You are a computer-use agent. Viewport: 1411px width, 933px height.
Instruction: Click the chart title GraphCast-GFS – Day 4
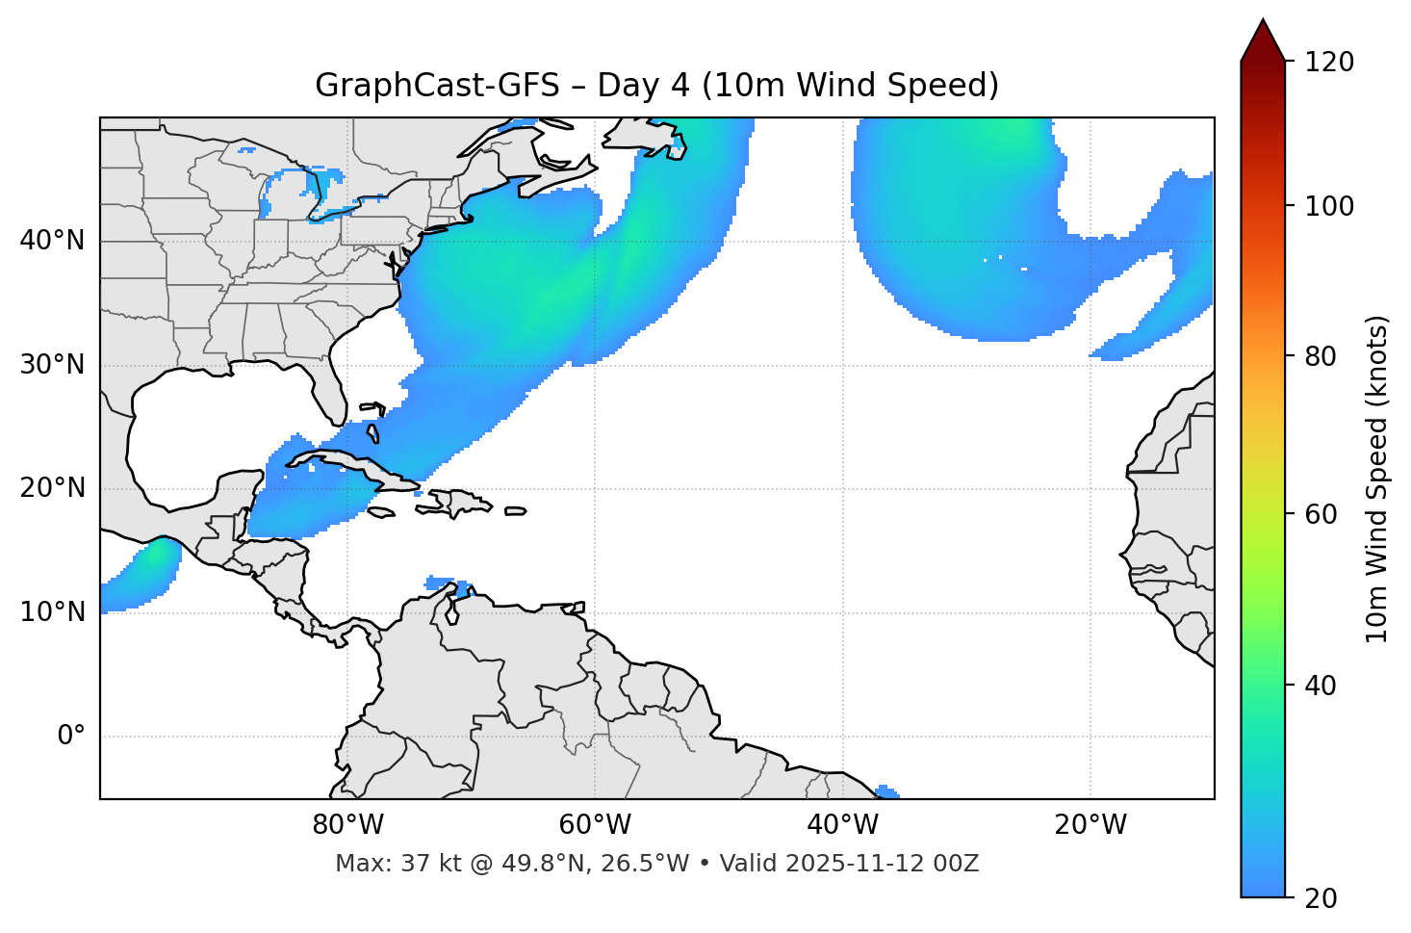point(656,86)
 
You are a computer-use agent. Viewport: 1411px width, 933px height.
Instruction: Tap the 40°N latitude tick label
point(52,241)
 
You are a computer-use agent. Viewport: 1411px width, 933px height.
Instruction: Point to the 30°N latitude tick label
point(52,365)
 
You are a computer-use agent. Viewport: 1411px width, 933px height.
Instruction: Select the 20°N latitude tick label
point(52,488)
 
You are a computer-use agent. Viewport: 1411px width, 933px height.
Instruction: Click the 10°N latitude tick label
point(52,612)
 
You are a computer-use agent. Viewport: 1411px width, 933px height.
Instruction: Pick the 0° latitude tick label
point(71,737)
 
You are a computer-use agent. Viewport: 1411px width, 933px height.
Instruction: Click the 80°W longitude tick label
point(347,825)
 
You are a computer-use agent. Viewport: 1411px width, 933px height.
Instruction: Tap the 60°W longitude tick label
point(595,825)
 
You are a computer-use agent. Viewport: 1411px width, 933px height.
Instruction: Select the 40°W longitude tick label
point(842,825)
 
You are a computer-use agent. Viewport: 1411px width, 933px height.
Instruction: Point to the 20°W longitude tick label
point(1090,825)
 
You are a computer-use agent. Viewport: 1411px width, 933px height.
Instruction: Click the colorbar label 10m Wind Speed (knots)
point(1377,479)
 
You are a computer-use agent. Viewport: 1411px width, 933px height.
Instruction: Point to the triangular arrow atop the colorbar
point(1263,40)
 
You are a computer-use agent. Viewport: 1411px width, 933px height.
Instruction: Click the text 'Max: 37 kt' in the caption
point(384,864)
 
